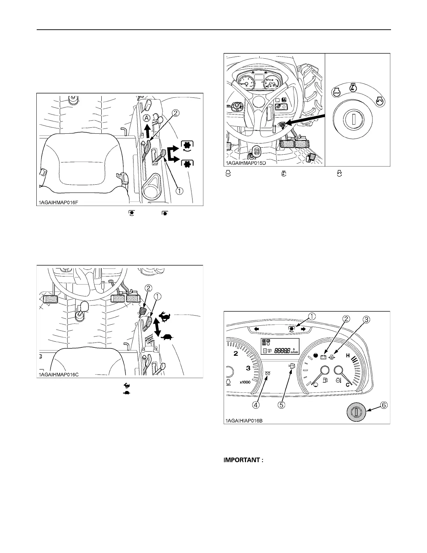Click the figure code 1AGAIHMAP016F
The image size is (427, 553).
pos(61,202)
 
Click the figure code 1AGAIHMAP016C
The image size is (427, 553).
pos(59,375)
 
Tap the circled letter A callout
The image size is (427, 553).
pos(147,118)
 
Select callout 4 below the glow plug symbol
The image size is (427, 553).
pos(256,405)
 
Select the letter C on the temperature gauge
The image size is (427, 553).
pos(348,385)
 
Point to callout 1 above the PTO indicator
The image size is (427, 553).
pos(311,316)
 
